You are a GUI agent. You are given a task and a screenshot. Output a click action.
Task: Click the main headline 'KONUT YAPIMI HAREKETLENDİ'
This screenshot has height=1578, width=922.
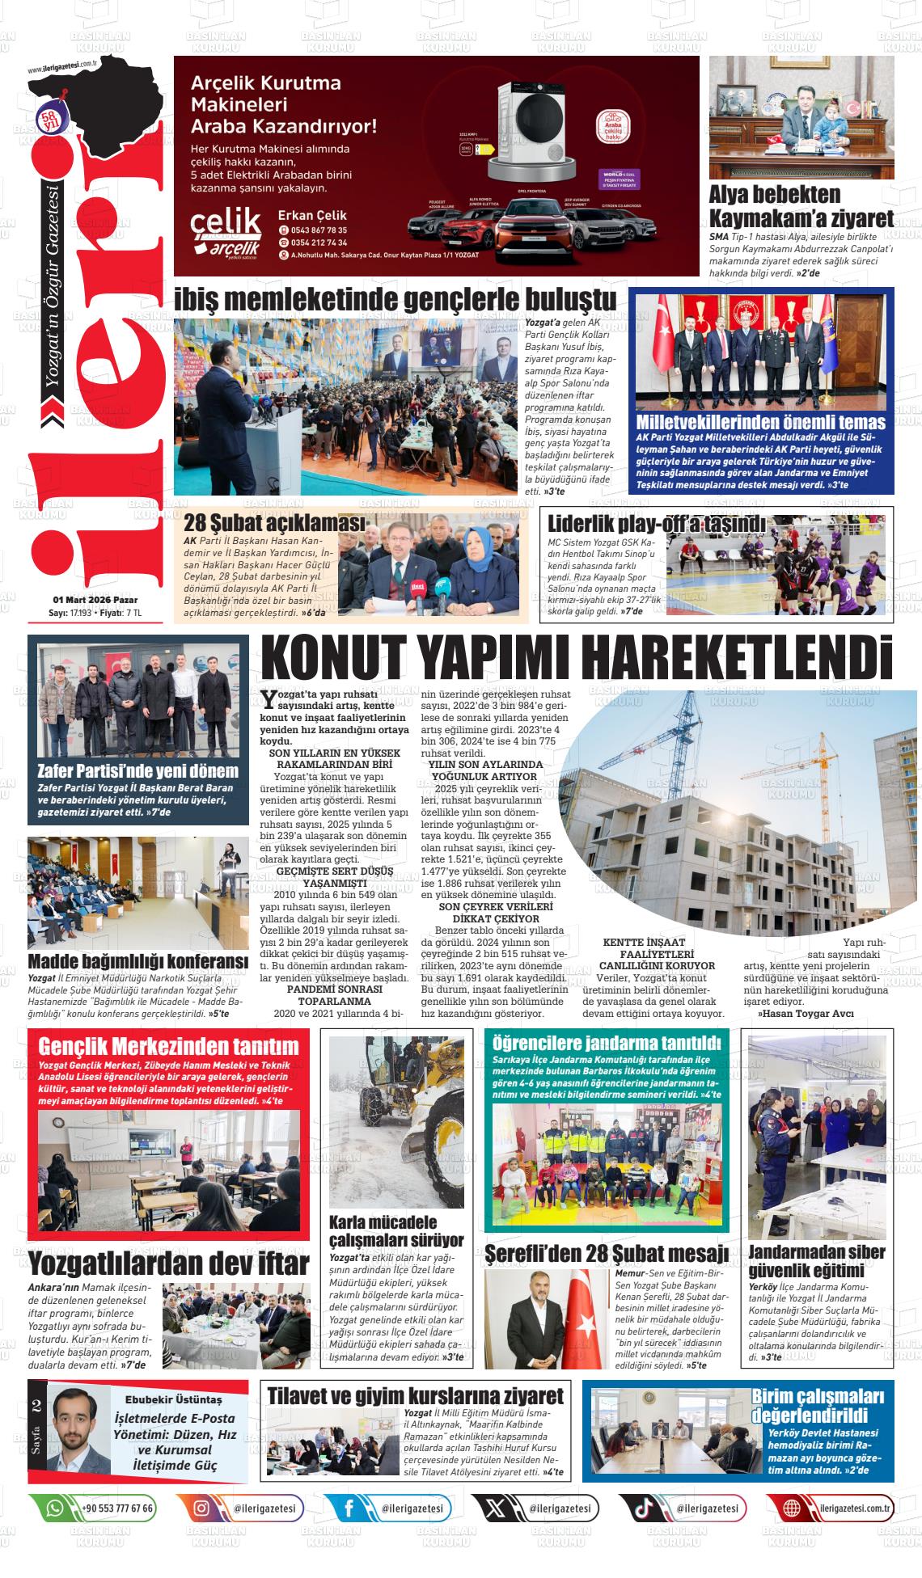click(577, 658)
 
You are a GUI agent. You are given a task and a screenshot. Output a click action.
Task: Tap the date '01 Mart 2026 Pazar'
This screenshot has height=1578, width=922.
click(95, 600)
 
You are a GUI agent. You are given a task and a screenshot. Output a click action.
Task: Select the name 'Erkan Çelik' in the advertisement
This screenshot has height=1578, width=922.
click(311, 215)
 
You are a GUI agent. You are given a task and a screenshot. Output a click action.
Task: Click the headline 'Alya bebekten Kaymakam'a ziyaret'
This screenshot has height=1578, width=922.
click(801, 206)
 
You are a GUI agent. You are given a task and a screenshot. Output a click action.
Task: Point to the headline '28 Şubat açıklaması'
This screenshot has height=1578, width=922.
click(276, 523)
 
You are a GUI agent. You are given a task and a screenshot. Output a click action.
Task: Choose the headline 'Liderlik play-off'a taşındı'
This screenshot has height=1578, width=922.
click(656, 523)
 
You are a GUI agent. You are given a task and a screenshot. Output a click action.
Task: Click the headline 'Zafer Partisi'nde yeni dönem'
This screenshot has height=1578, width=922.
click(138, 770)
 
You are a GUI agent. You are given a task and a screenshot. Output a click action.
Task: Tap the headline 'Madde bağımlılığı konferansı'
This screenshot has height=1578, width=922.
click(137, 961)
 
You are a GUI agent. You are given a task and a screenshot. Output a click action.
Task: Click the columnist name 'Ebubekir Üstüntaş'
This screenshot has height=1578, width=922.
click(173, 1399)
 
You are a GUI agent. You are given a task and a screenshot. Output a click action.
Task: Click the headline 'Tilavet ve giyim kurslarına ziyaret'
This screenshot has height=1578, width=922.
click(415, 1396)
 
